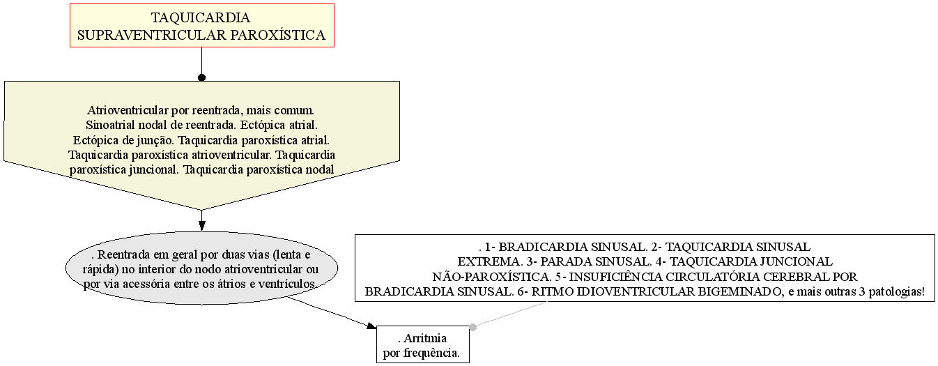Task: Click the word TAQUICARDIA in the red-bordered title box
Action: tap(201, 17)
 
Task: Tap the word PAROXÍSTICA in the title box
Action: tap(277, 35)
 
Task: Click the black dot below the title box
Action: tap(202, 77)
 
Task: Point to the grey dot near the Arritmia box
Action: tap(472, 327)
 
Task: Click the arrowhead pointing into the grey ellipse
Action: tap(202, 226)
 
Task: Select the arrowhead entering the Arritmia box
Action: tap(371, 326)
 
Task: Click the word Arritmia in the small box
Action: tap(425, 338)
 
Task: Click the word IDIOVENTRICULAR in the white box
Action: tap(635, 292)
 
